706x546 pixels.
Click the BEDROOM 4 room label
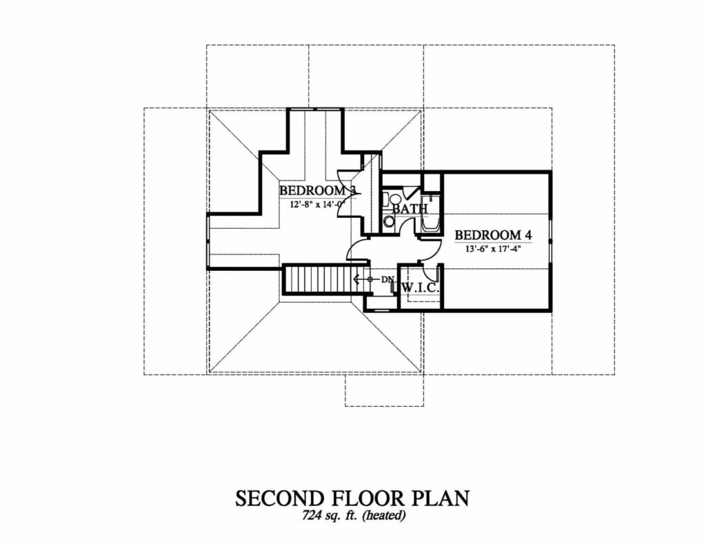(493, 235)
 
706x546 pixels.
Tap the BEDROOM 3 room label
(317, 190)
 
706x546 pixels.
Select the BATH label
(410, 209)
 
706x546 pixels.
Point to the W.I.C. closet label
(420, 287)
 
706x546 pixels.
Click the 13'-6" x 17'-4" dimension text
(493, 248)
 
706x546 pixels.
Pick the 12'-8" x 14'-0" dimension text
(317, 204)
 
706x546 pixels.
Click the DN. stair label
(388, 279)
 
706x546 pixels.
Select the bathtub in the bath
(430, 214)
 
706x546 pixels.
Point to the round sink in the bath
(388, 221)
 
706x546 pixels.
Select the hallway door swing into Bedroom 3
(358, 250)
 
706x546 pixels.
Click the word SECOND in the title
(280, 498)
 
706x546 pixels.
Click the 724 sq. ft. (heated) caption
(354, 515)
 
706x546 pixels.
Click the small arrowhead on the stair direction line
(356, 279)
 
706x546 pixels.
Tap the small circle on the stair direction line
(370, 279)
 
